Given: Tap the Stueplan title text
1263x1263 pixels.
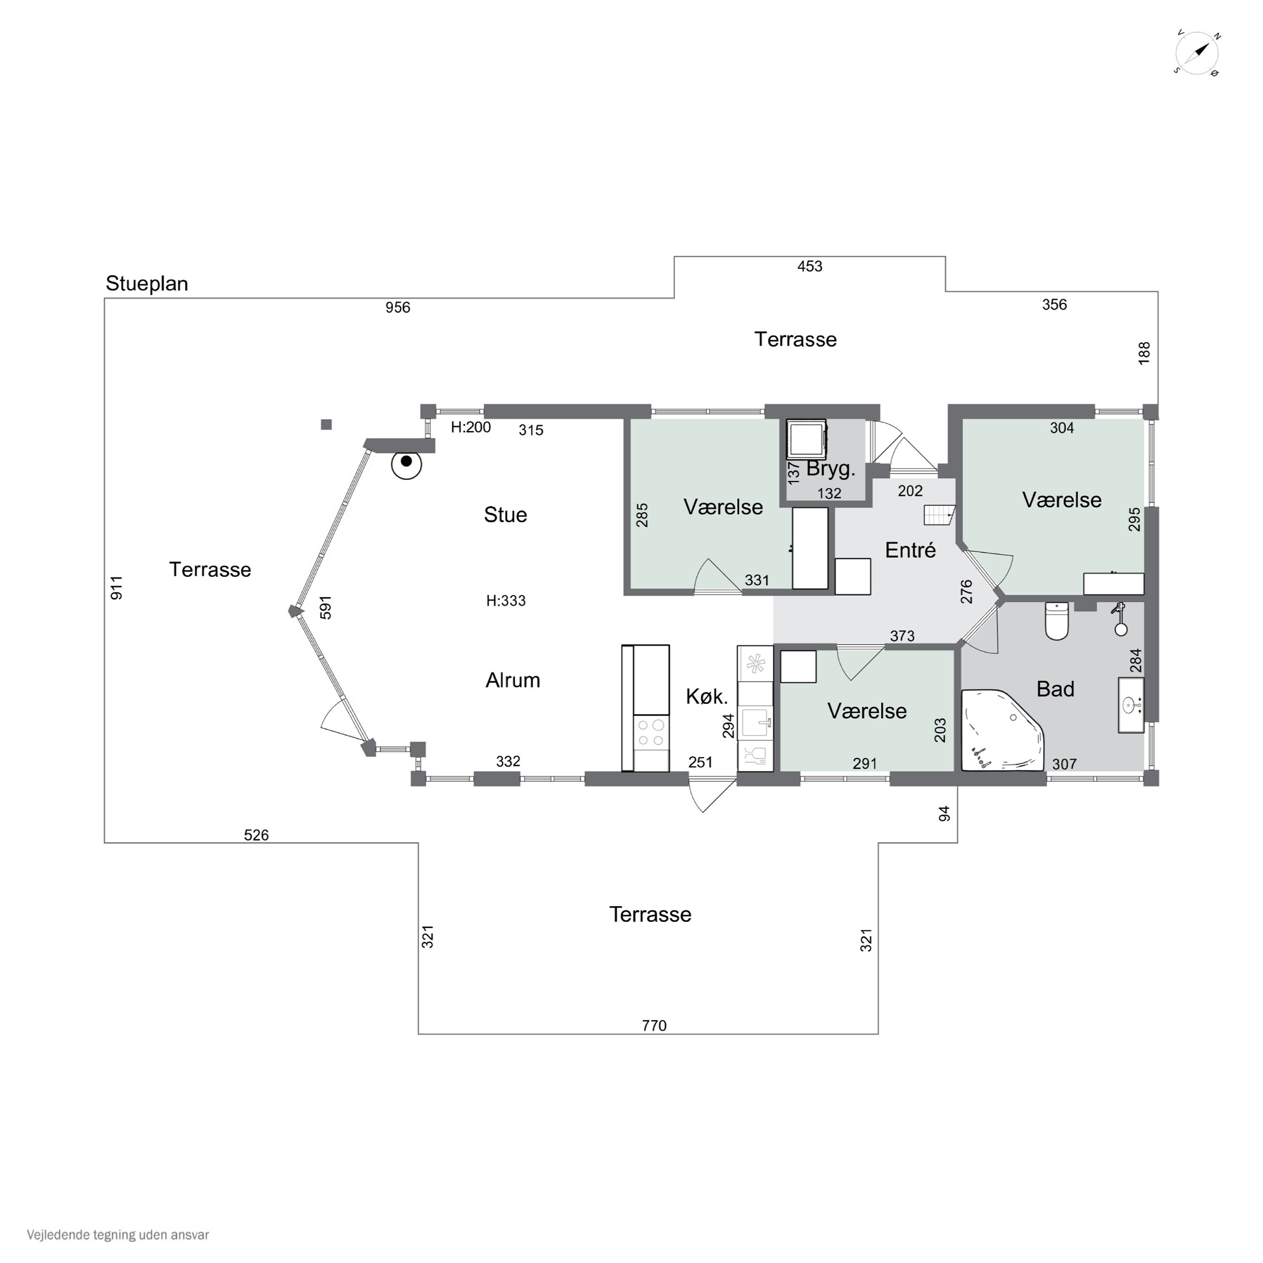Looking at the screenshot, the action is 147,284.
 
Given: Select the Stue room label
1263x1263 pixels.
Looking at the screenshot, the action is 505,515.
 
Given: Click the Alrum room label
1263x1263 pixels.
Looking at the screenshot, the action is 512,680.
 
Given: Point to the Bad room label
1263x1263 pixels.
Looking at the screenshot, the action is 1055,689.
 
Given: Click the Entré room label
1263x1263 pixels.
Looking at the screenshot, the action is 910,550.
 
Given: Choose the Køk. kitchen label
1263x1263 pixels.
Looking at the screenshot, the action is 707,697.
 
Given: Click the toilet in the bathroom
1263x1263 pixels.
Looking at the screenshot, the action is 1057,621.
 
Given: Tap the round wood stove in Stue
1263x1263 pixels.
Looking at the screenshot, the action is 407,464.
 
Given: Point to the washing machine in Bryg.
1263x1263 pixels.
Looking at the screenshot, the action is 807,439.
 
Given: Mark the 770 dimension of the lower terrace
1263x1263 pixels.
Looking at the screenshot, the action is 654,1026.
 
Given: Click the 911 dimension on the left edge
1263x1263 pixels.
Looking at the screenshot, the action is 116,588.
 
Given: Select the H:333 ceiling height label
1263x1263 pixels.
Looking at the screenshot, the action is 506,601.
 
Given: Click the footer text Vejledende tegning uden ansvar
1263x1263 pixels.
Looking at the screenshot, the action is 118,1235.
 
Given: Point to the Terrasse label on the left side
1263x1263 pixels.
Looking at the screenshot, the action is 210,569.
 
